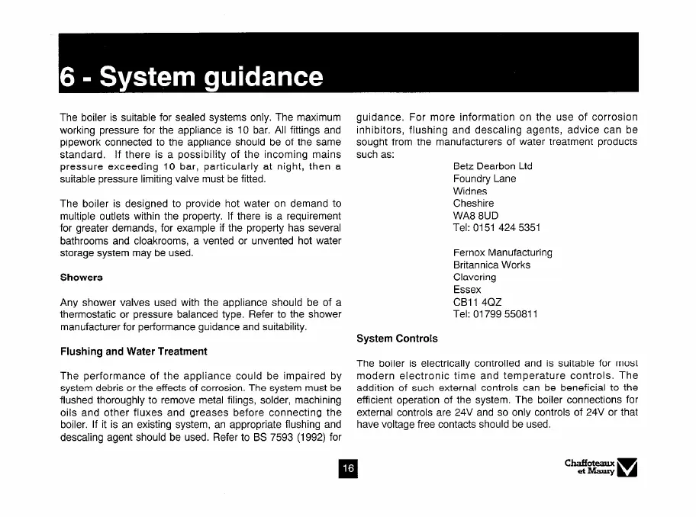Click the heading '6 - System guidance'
(191, 76)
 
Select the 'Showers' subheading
(82, 276)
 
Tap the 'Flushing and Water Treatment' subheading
(134, 352)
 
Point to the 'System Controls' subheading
(397, 338)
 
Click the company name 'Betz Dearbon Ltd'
(492, 166)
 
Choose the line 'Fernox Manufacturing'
(502, 252)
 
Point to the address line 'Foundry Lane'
(485, 178)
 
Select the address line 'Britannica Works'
(491, 265)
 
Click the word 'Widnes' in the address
(471, 191)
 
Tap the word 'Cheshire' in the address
(473, 204)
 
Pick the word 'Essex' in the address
(467, 290)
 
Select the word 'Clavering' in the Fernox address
(474, 278)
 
